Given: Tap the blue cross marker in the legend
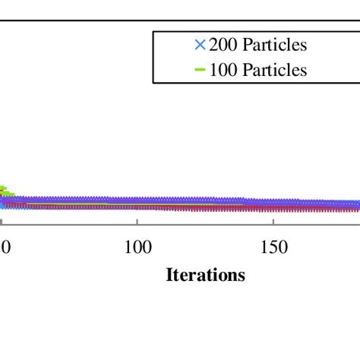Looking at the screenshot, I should (x=201, y=45).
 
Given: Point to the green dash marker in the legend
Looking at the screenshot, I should (x=201, y=70).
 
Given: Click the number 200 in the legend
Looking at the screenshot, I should (x=222, y=45).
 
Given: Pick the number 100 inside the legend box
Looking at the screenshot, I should (x=222, y=70).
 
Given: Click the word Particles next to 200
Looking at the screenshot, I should (x=273, y=45).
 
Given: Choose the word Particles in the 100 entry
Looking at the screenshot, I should (x=273, y=70).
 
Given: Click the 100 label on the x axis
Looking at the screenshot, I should (x=137, y=248).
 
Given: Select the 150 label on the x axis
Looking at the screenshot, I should (x=273, y=248).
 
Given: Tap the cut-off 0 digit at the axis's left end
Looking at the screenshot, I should (x=4, y=248).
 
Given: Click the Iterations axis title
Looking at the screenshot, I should (x=206, y=275).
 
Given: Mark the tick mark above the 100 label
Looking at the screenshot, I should (x=137, y=223).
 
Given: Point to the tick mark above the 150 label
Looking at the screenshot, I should (x=273, y=223).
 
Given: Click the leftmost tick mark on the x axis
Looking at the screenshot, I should (x=2, y=223).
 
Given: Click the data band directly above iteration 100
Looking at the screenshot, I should (x=137, y=203).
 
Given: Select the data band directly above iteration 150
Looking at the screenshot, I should (x=273, y=204).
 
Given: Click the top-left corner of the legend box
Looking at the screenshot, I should (x=153, y=32).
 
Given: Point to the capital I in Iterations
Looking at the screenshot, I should (x=169, y=275).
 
